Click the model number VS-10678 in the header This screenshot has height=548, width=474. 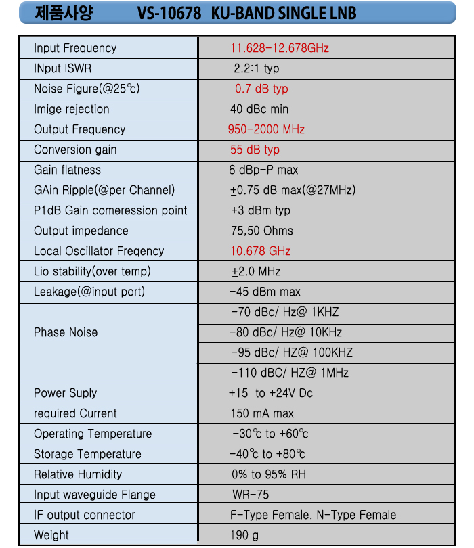point(167,13)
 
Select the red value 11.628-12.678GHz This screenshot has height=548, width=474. point(280,48)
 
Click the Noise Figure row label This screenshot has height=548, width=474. point(87,89)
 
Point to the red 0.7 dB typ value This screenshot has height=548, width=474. point(261,89)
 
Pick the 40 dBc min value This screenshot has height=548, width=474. point(259,109)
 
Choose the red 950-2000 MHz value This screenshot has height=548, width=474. point(266,129)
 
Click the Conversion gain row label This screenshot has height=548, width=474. point(75,150)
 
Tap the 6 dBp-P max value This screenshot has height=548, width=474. point(263,170)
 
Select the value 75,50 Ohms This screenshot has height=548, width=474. point(262,231)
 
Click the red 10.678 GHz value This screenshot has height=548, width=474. point(261,251)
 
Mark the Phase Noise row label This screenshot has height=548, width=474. point(66,332)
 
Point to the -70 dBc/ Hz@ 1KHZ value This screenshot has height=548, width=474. point(284,312)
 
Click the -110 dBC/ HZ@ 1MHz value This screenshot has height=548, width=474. point(290,373)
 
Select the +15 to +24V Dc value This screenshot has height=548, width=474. point(271,393)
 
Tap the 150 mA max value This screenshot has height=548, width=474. point(262,413)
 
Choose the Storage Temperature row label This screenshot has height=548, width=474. point(87,454)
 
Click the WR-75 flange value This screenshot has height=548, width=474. point(251,495)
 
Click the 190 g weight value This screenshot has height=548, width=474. point(244,535)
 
